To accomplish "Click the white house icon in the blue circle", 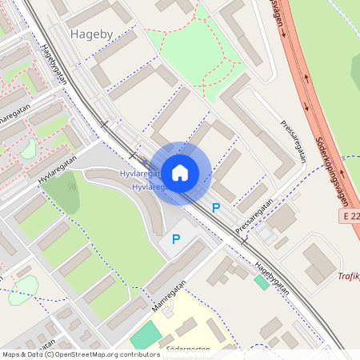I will coord(179,172).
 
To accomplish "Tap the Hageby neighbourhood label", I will coord(92,34).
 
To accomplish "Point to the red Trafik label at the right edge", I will coord(349,277).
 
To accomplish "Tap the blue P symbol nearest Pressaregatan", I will coord(216,208).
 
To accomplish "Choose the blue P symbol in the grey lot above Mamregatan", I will coord(176,238).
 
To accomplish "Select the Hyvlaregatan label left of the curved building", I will coord(58,170).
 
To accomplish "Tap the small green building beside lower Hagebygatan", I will coord(262,282).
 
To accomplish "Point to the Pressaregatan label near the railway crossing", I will coord(254,216).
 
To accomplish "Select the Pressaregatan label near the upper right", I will coord(294,141).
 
